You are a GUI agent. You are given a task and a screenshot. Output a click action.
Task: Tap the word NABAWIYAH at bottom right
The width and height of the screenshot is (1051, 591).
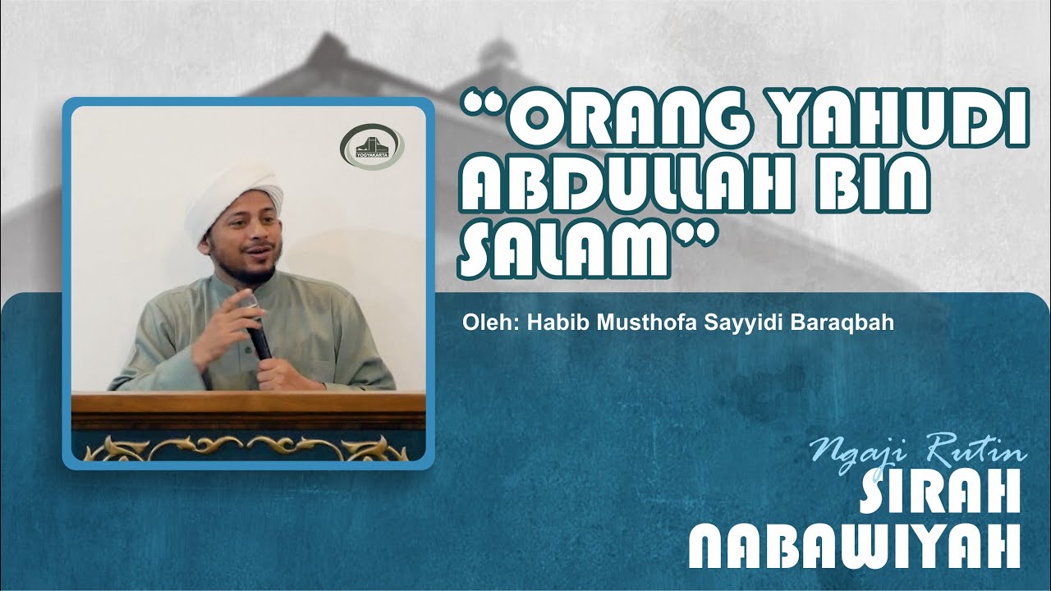tap(854, 545)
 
